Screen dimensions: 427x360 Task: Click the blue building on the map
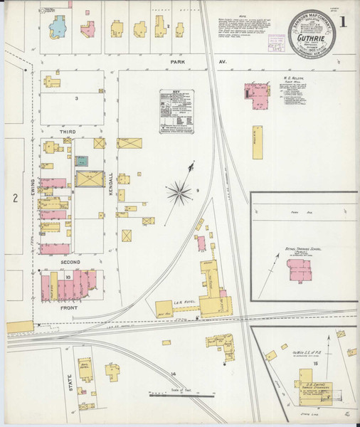pos(55,26)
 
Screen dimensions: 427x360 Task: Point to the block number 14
pos(172,374)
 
